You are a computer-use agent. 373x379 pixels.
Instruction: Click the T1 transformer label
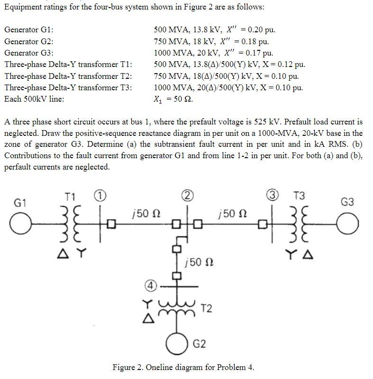point(70,197)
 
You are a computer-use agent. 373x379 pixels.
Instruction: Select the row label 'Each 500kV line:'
point(34,99)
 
